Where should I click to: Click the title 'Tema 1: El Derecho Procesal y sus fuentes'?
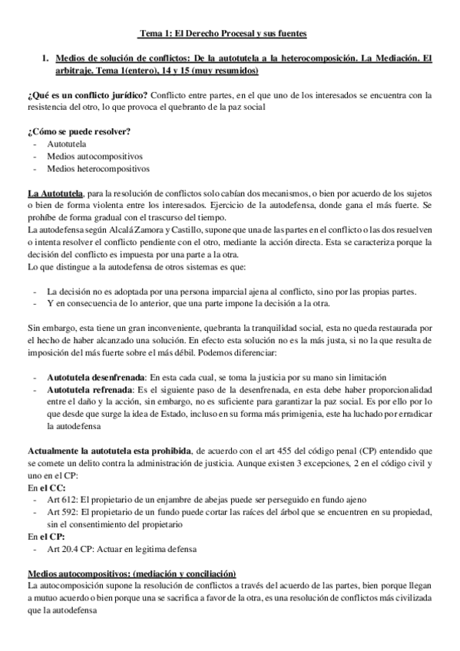(x=222, y=34)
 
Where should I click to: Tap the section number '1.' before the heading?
(x=47, y=58)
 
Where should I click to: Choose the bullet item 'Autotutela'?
(x=66, y=144)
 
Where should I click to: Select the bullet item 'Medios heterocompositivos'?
(x=98, y=168)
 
